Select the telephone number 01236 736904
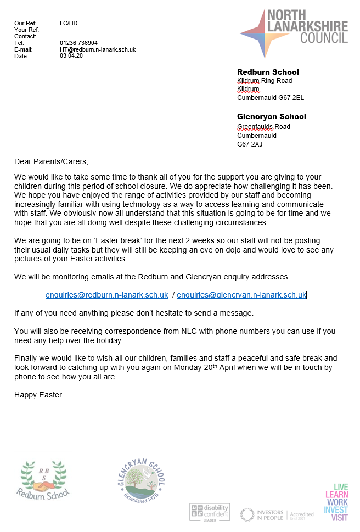click(78, 43)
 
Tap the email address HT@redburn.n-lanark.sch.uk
click(98, 49)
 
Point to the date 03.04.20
click(71, 56)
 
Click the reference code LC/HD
click(69, 23)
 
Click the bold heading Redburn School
click(268, 72)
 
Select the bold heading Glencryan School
click(272, 116)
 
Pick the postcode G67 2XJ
click(250, 144)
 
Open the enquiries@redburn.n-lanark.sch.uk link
click(106, 295)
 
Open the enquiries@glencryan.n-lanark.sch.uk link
click(241, 295)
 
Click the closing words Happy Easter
click(38, 395)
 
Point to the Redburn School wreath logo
click(43, 479)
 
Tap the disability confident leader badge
click(210, 512)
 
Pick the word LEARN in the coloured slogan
click(336, 495)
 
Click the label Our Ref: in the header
click(25, 23)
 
